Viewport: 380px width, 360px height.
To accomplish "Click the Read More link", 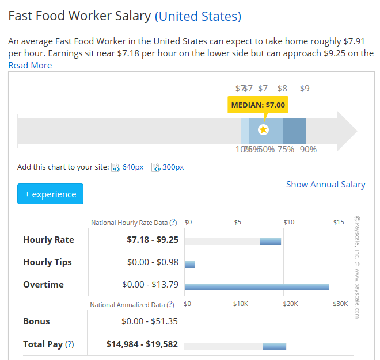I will [x=30, y=66].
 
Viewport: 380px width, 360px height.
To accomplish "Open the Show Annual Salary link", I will [x=325, y=185].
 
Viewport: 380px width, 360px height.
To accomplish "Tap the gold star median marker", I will [x=264, y=129].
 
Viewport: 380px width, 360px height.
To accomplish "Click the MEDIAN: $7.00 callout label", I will [x=258, y=105].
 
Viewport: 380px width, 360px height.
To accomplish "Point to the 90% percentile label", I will [x=308, y=150].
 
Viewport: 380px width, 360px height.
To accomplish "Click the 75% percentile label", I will [x=285, y=150].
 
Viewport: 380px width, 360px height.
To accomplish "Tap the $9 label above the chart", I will [x=305, y=89].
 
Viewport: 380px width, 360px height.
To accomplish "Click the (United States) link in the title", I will [x=198, y=16].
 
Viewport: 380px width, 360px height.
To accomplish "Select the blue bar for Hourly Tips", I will [x=189, y=265].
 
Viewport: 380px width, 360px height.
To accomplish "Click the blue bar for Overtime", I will [x=256, y=286].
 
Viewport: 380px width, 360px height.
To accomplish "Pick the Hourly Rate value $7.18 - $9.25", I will [x=153, y=240].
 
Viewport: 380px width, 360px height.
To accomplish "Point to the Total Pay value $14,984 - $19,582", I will [x=142, y=344].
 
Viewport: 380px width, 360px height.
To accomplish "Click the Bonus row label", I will [x=36, y=321].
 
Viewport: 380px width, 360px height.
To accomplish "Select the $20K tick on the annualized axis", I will [x=290, y=304].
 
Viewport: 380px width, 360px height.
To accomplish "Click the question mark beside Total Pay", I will [x=70, y=344].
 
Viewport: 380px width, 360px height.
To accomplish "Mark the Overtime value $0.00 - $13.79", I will [x=150, y=285].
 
